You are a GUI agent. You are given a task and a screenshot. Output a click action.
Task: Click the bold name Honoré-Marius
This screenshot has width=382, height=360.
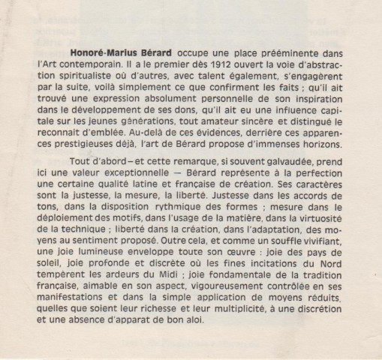97,54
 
